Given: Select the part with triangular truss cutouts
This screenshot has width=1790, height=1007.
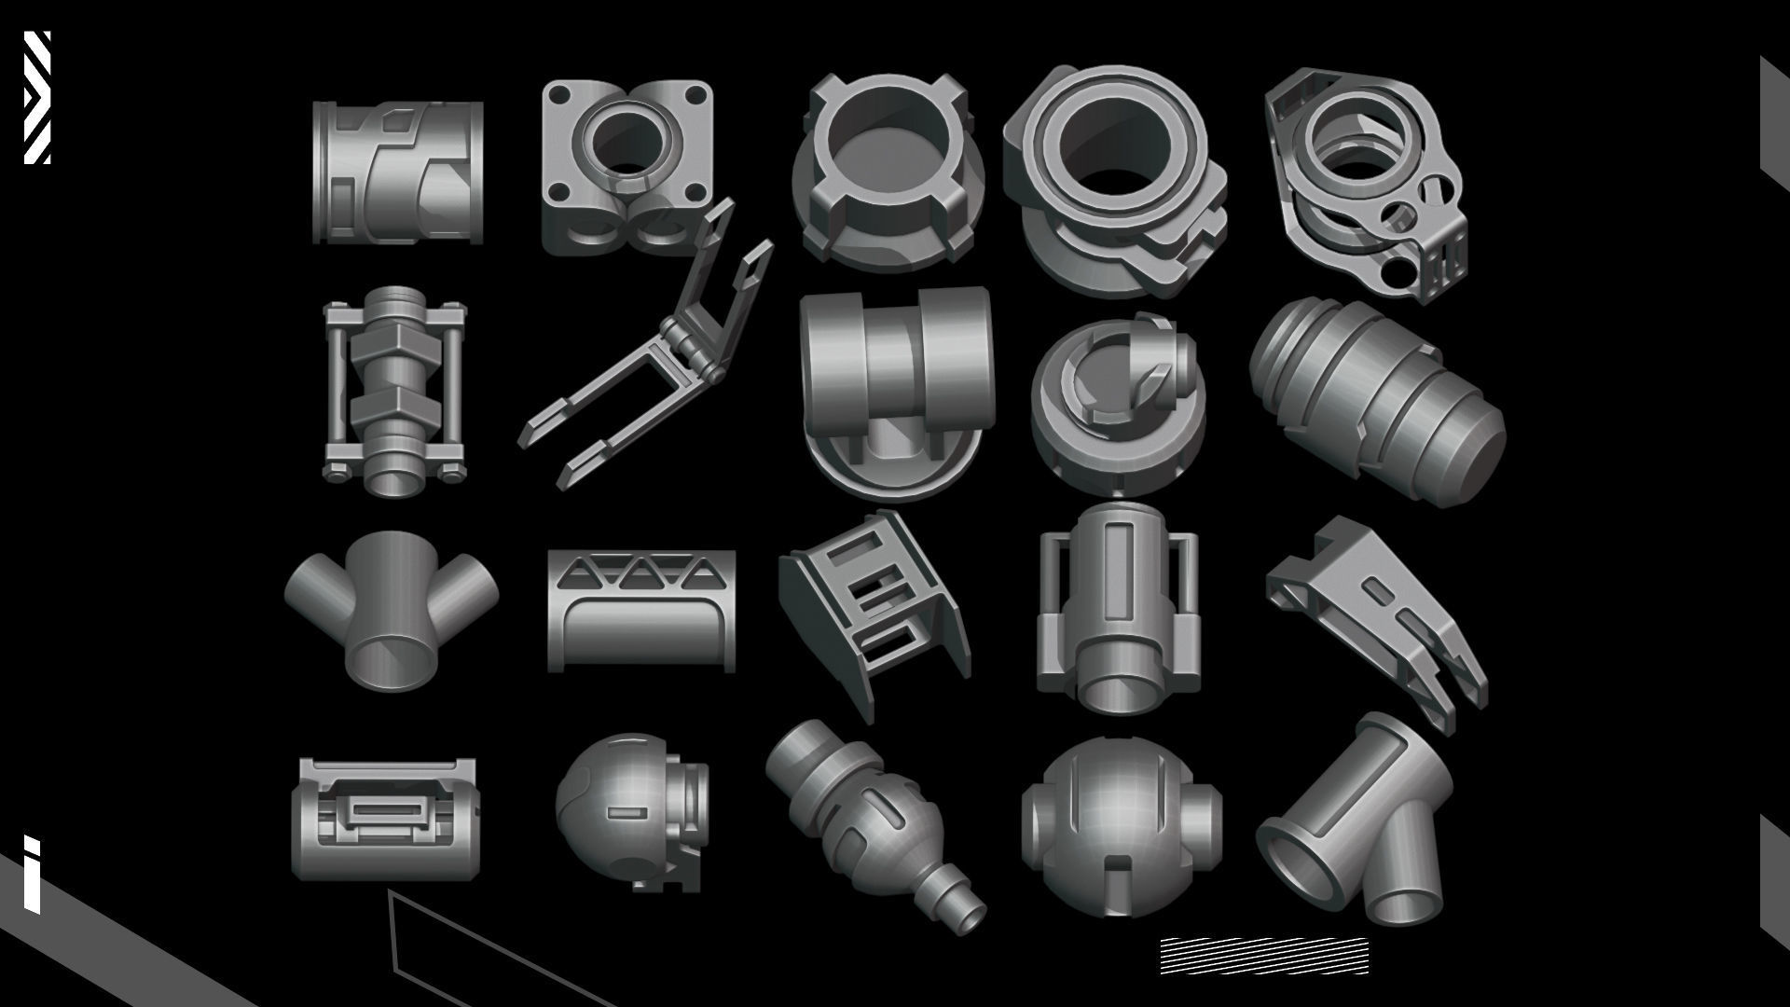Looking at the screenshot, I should pos(640,611).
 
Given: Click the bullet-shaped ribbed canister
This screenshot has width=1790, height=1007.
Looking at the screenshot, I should pos(1376,401).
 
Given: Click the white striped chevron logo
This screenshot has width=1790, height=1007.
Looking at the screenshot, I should pos(37,97).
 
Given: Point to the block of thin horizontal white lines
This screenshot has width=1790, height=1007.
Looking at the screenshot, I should pos(1263,956).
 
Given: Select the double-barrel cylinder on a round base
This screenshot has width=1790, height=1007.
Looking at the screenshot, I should pos(895,392).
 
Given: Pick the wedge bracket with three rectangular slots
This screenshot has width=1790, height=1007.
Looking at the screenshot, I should pos(872,611).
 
